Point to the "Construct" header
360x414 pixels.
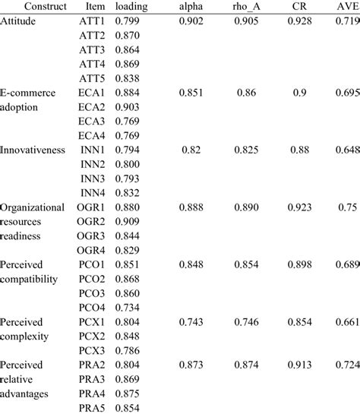click(x=26, y=7)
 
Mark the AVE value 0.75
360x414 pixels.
click(x=346, y=207)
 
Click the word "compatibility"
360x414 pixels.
click(x=30, y=279)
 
